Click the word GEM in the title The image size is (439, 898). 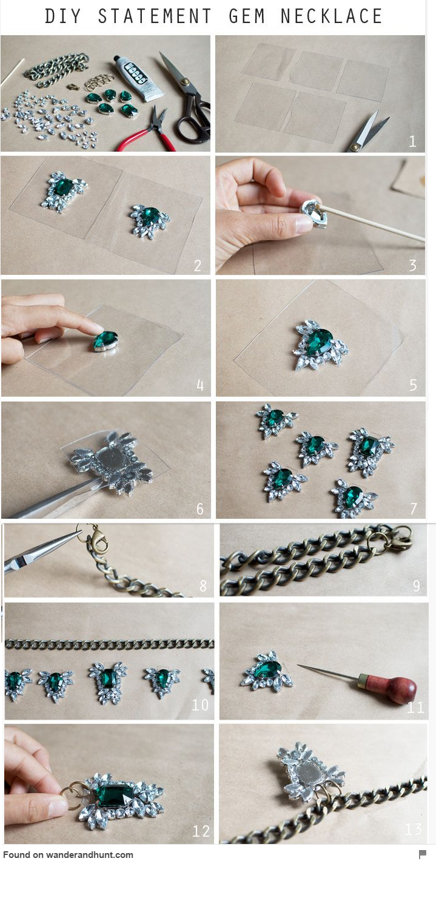[246, 16]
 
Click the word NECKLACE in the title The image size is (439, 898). [331, 16]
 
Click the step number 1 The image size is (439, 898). [412, 141]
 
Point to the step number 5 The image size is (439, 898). [414, 385]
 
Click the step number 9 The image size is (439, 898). [417, 586]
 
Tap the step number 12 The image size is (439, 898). [201, 831]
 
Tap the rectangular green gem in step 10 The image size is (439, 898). [108, 677]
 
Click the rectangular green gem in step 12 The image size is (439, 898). [115, 795]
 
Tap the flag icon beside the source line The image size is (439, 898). [422, 854]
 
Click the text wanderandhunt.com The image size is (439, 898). [90, 854]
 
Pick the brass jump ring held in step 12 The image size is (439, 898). [71, 795]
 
